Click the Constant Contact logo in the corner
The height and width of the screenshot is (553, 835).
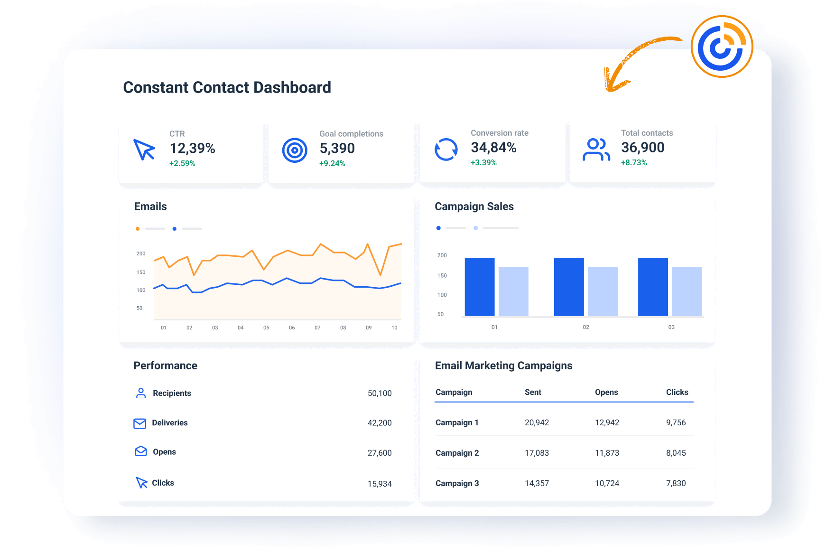722,47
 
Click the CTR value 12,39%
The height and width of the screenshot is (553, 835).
193,149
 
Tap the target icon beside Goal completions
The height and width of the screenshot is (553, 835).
295,150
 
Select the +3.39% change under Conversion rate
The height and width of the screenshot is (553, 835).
483,162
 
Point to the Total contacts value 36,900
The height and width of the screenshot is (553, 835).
643,148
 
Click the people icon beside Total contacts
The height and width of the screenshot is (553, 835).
596,150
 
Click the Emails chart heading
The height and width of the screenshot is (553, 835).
150,206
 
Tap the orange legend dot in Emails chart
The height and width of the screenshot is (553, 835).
138,229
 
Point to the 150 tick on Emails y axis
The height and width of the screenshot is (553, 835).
141,272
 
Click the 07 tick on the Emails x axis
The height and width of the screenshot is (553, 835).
317,328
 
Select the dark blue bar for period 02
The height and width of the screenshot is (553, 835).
569,287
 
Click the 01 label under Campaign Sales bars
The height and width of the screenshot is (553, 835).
494,327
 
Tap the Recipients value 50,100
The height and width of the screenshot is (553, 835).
380,394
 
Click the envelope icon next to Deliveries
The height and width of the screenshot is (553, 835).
140,423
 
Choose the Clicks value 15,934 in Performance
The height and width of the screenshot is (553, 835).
380,484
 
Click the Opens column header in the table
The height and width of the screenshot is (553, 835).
606,392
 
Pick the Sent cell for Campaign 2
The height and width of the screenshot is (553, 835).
537,453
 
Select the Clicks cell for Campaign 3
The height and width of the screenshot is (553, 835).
676,483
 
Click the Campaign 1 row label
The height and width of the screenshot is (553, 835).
457,422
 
